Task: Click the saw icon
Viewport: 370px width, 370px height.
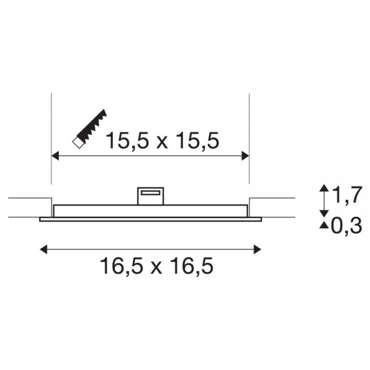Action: coord(90,129)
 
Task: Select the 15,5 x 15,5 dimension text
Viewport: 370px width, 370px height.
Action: coord(162,141)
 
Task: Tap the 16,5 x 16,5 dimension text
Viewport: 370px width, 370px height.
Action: coord(157,266)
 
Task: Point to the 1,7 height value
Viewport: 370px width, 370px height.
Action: coord(346,195)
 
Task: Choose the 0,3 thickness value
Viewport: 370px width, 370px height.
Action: coord(346,226)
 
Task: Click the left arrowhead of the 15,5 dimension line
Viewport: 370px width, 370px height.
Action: coord(55,156)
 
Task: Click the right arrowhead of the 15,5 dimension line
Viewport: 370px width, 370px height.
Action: coord(245,156)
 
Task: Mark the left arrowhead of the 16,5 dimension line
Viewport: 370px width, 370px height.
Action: coord(43,249)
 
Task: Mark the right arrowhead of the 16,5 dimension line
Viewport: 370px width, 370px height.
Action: coord(258,249)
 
